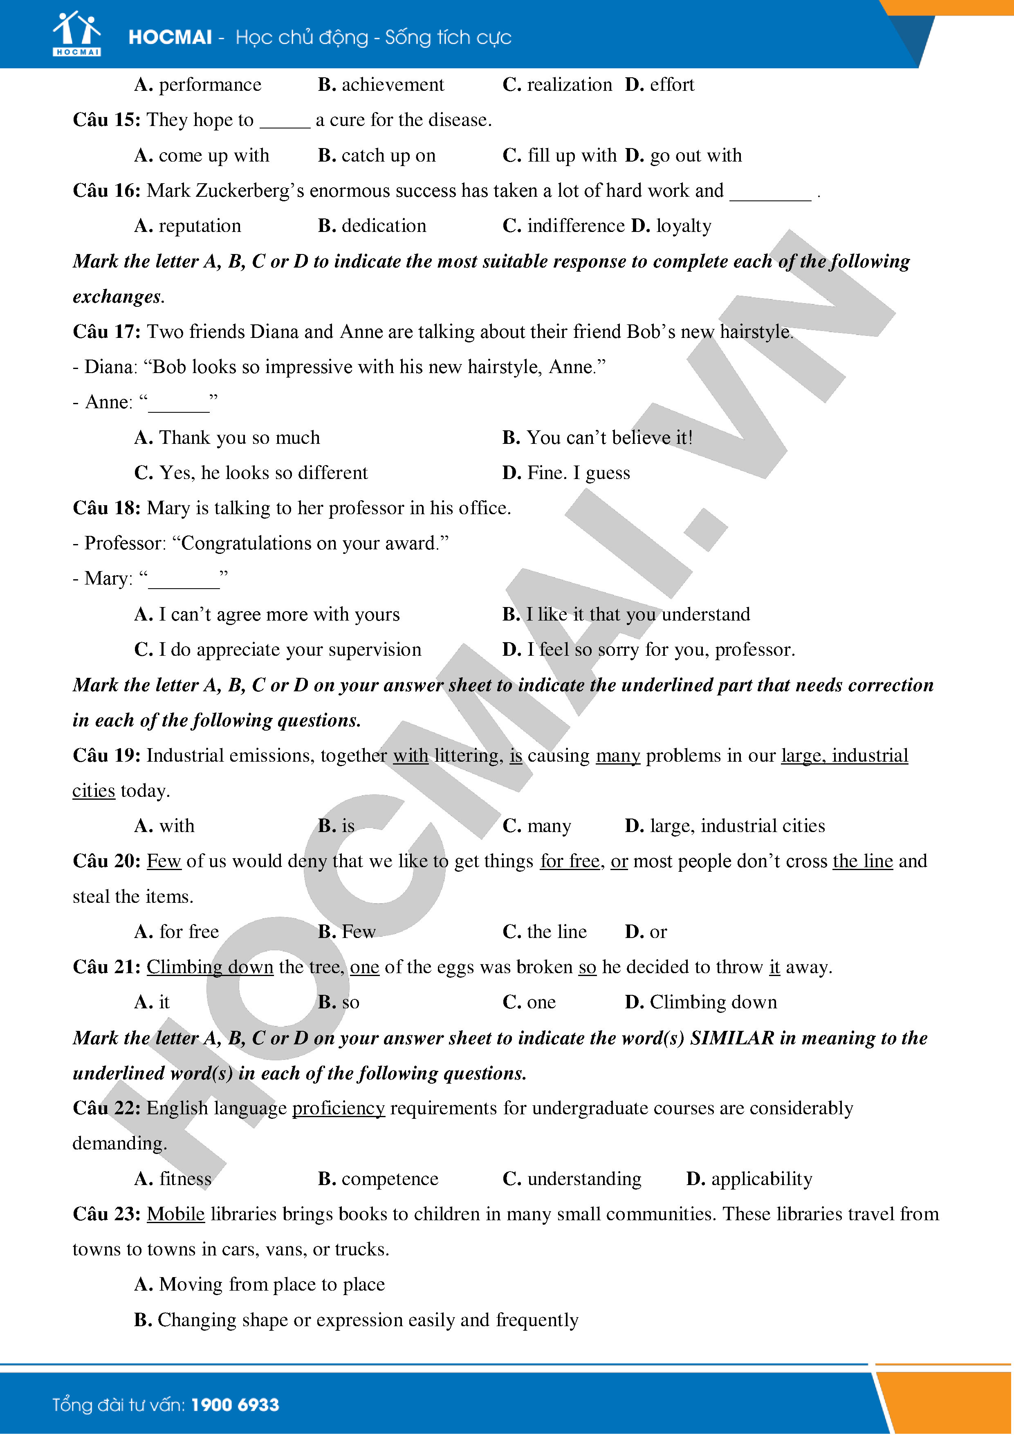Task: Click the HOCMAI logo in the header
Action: click(x=76, y=34)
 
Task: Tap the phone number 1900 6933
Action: click(x=235, y=1405)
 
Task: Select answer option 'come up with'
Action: click(x=214, y=155)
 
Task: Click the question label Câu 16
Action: click(x=106, y=191)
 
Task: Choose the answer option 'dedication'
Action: click(x=384, y=226)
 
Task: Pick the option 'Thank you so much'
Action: click(x=239, y=438)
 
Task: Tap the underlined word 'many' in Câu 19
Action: click(x=617, y=756)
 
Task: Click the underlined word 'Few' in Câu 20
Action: click(x=164, y=861)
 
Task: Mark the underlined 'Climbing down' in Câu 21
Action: click(x=210, y=967)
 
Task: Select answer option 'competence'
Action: click(x=390, y=1179)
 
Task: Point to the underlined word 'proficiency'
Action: click(x=338, y=1108)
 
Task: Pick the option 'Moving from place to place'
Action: click(x=272, y=1284)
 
